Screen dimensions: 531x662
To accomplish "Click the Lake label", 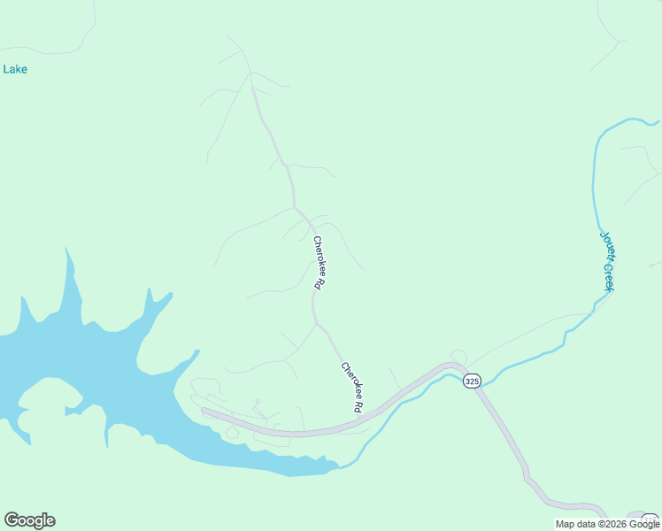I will tap(15, 69).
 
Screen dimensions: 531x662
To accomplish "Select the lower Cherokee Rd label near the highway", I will tap(351, 389).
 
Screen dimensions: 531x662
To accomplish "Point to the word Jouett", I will tap(605, 247).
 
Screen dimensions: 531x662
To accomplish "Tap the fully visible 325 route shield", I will tap(471, 381).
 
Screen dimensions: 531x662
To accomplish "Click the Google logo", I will tap(29, 520).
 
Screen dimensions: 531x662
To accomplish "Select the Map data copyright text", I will tap(607, 524).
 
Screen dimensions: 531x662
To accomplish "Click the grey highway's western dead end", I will tap(204, 411).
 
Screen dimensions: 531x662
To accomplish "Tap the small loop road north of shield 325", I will tap(458, 356).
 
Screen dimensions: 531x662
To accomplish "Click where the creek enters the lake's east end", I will tap(339, 464).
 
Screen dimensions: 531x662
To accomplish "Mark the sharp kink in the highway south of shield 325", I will tap(527, 479).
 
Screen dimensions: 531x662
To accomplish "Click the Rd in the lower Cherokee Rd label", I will tap(358, 408).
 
